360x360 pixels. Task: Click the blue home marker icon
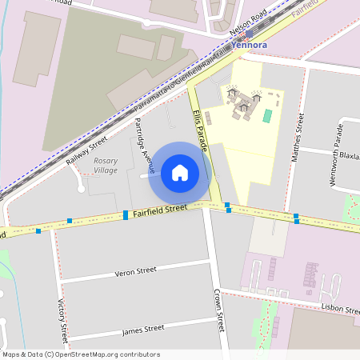click(180, 172)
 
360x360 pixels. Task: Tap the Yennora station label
click(249, 46)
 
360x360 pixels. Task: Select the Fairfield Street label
click(160, 210)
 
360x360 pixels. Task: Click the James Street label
click(143, 329)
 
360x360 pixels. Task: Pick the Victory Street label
click(62, 320)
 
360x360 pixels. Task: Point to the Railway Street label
click(86, 150)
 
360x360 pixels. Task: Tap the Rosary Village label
click(105, 166)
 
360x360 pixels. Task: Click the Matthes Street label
click(297, 138)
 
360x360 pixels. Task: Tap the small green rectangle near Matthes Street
click(267, 116)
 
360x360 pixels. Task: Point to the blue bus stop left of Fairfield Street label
click(126, 214)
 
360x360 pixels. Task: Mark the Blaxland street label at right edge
click(350, 155)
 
